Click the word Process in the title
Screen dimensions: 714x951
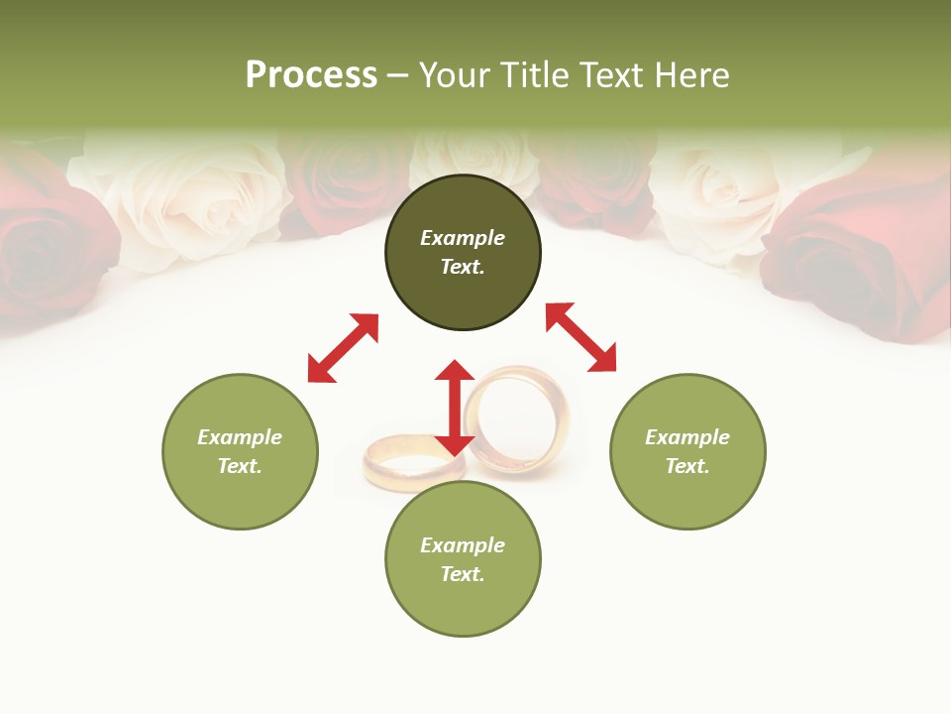point(311,75)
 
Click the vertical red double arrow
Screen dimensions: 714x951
point(455,408)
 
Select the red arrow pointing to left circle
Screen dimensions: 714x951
point(343,348)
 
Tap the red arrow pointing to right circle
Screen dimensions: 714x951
point(581,337)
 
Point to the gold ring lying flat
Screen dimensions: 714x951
point(401,461)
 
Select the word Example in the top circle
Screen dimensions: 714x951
point(463,238)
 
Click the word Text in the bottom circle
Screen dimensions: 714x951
point(462,574)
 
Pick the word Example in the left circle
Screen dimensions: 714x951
point(240,437)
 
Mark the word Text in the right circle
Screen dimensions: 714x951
point(687,466)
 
